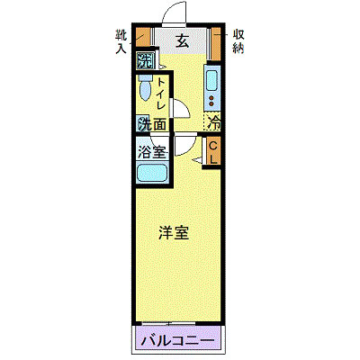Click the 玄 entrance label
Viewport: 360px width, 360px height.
click(181, 40)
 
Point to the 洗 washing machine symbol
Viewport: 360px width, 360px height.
click(143, 62)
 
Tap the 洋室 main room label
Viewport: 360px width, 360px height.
click(174, 233)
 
